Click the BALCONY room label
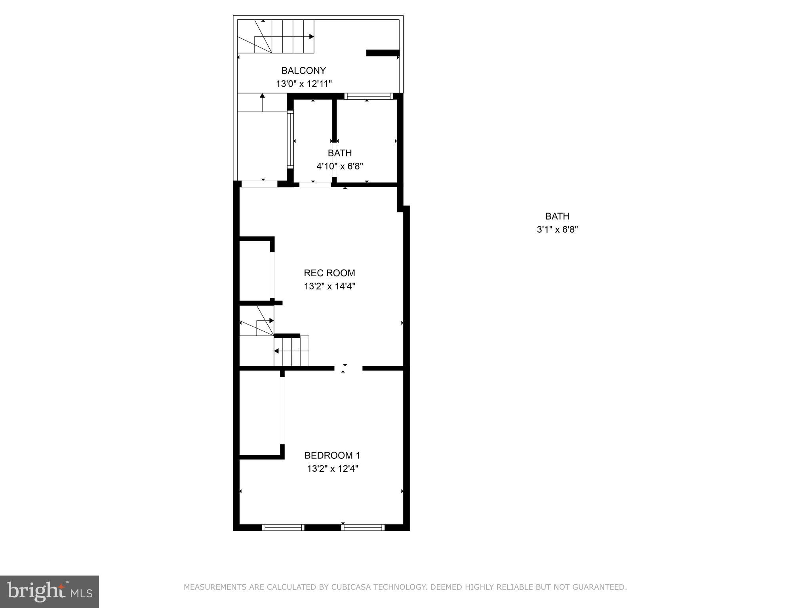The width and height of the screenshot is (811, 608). pos(303,70)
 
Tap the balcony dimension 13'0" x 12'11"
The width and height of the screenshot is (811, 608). pos(303,84)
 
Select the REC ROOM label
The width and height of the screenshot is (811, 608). pos(329,273)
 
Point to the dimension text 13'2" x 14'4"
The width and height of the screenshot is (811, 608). pos(329,286)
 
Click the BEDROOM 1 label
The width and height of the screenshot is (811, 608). pos(332,455)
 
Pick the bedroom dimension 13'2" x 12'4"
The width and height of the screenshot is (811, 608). pos(332,469)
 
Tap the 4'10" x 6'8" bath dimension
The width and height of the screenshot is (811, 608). pos(339,166)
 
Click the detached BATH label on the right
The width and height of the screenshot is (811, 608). pos(557,216)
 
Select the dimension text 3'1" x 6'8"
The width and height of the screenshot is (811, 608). pos(557,230)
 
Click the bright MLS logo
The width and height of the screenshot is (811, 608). pos(49,591)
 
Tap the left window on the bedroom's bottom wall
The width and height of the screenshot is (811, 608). pos(283,527)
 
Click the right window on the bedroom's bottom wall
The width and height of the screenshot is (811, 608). pos(363,527)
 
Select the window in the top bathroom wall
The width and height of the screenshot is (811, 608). pos(368,96)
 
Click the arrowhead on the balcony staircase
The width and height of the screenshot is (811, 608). pos(312,36)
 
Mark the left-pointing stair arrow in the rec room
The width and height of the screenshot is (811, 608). pos(276,351)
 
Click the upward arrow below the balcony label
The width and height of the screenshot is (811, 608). pos(262,96)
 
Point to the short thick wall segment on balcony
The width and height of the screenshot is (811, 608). pos(383,53)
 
